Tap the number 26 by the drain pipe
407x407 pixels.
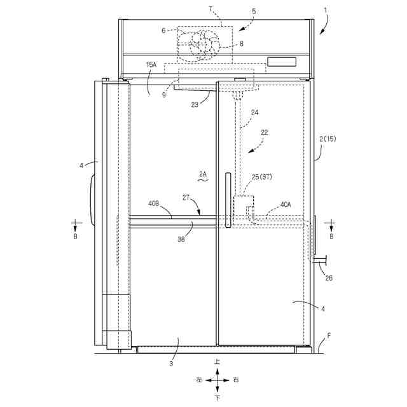(328, 277)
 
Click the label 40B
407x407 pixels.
(155, 203)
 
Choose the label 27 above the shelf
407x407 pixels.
(187, 198)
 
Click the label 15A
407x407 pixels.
(151, 65)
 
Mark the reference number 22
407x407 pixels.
(265, 132)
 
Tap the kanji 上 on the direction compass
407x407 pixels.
(217, 361)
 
